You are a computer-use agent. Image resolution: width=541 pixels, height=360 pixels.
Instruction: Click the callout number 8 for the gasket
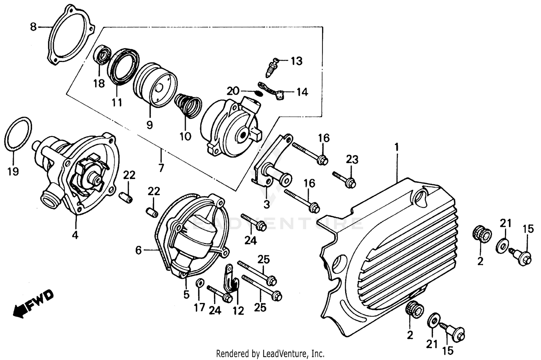(x=33, y=27)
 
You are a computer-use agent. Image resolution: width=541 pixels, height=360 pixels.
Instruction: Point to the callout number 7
(x=161, y=167)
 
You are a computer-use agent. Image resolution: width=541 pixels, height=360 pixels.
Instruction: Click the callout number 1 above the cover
(x=396, y=147)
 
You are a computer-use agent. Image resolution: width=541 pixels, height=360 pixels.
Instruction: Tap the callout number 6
(x=139, y=250)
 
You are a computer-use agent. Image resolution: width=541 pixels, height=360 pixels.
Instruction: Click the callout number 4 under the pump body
(x=75, y=235)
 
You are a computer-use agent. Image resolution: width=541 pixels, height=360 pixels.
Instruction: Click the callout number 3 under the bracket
(x=266, y=205)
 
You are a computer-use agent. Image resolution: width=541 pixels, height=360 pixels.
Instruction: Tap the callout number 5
(x=186, y=295)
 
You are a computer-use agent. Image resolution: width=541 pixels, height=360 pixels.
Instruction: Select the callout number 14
(x=302, y=92)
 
